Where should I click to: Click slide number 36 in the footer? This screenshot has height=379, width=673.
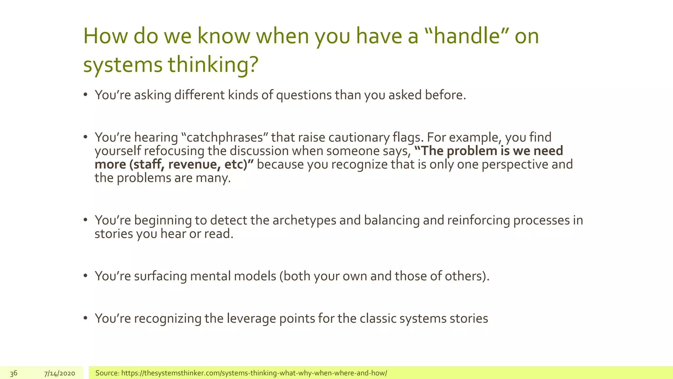tap(13, 373)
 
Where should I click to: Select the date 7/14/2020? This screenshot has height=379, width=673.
tap(59, 373)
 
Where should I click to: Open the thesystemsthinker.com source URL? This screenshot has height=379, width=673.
tap(254, 373)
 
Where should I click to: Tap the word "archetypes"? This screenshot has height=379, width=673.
tap(304, 220)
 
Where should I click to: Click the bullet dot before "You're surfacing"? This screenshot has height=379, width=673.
tap(85, 276)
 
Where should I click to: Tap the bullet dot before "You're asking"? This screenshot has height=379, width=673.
tap(85, 95)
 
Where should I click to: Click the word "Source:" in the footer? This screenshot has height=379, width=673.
tap(107, 373)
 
